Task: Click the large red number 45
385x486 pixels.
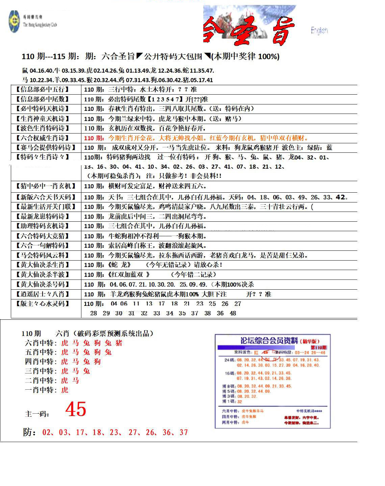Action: coord(76,409)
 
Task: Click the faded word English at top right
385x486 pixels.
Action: coord(319,30)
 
